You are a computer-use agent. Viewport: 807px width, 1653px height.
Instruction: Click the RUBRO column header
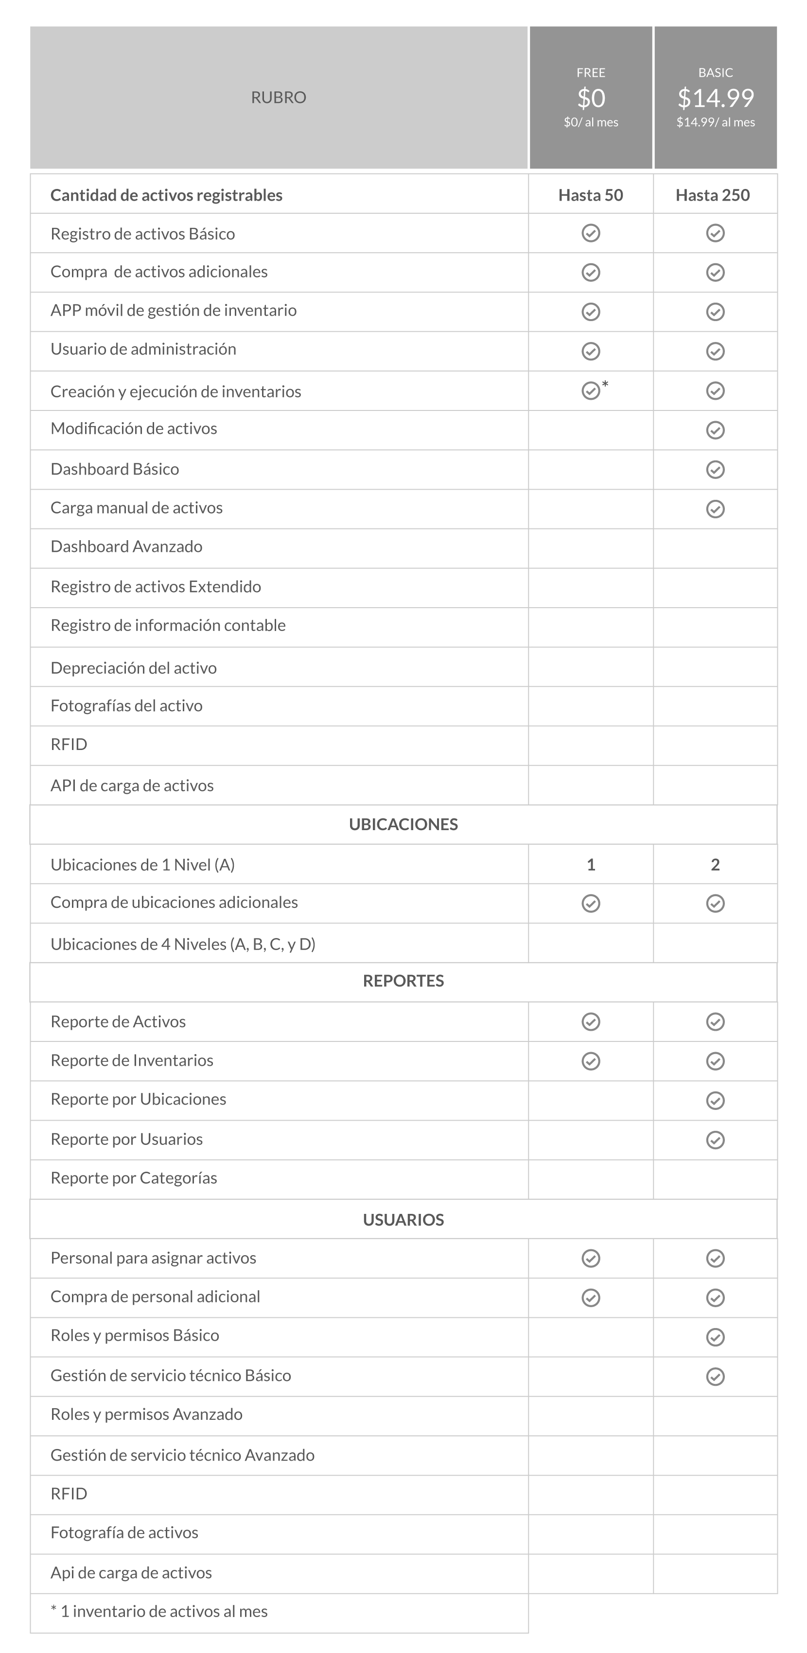278,98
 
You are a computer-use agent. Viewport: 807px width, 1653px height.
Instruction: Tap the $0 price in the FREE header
591,98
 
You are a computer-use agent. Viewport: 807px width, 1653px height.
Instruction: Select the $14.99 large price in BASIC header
715,98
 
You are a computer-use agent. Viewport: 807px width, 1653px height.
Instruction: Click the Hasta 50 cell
591,195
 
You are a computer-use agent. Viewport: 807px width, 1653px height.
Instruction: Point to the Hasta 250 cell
713,195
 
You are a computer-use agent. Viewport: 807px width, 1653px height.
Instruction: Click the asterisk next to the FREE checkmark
605,384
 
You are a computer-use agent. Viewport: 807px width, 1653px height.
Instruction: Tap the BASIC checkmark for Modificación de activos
715,430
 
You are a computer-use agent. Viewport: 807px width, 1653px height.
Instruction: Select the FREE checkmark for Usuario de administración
591,351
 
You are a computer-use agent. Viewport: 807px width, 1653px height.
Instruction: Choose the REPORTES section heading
403,981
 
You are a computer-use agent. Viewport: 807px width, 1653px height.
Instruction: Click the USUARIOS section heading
403,1220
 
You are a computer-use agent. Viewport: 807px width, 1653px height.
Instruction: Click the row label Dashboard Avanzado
126,547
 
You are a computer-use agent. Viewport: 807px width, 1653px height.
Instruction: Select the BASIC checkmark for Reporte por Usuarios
715,1140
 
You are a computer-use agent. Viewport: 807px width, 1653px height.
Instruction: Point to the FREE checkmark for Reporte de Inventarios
591,1061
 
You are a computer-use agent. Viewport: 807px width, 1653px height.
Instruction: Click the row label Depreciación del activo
134,668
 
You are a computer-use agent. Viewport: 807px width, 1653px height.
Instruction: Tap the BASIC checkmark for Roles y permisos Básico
715,1337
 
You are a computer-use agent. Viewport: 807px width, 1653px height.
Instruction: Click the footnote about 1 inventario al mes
159,1611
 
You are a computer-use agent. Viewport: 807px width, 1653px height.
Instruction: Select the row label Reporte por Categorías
134,1178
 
